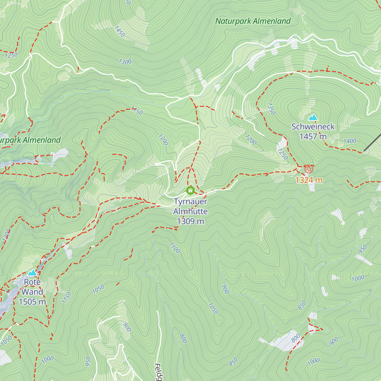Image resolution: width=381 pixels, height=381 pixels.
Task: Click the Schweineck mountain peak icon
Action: tap(313, 117)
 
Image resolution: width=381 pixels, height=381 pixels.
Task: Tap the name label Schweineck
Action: tap(313, 127)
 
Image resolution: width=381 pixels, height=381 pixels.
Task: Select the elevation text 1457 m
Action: tap(313, 137)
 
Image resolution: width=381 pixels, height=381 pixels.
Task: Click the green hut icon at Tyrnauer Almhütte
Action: tap(190, 190)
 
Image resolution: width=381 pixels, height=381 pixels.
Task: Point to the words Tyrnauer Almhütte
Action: tap(190, 206)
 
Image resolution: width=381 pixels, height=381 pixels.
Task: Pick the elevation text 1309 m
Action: tap(190, 221)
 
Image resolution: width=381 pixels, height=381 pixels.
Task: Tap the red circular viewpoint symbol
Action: tap(309, 169)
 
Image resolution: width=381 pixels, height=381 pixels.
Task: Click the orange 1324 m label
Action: tap(309, 180)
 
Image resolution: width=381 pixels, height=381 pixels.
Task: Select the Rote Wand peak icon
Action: tap(32, 273)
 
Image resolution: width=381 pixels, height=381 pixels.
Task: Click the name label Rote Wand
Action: tap(32, 287)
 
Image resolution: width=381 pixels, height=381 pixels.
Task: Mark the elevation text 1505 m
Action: tap(32, 302)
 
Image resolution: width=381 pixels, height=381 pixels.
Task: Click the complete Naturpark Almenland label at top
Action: tap(253, 21)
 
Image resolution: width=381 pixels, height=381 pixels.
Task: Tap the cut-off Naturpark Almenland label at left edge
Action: tap(30, 140)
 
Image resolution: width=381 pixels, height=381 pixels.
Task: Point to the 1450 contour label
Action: tap(119, 31)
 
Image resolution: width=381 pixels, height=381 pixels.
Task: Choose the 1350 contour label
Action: tap(271, 109)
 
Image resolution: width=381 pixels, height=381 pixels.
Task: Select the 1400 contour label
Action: tap(350, 141)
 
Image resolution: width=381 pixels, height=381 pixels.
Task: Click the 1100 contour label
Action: tap(174, 248)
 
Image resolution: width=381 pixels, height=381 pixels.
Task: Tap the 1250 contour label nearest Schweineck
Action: tap(282, 154)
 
